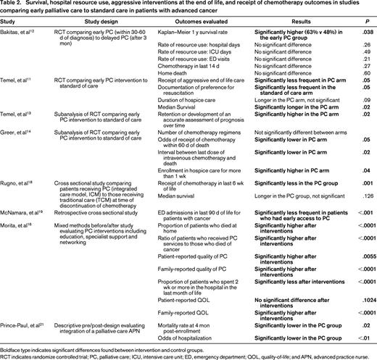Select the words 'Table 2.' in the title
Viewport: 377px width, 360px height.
pyautogui.click(x=14, y=5)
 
